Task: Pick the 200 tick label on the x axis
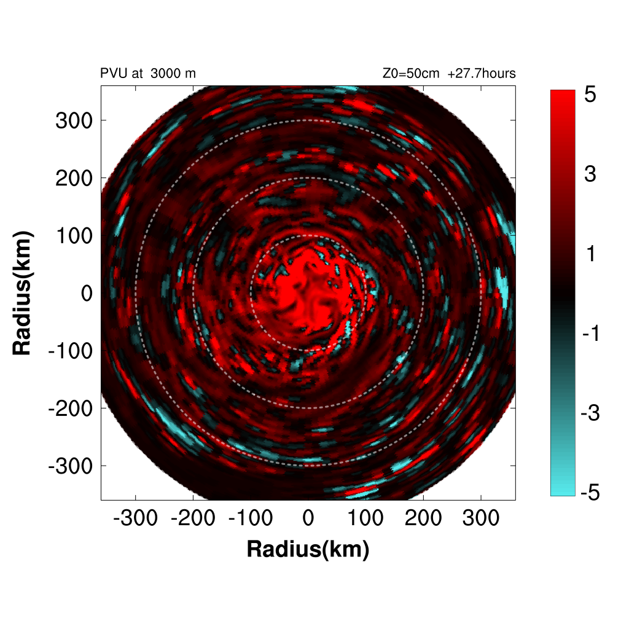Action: (423, 518)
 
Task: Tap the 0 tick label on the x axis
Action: (308, 518)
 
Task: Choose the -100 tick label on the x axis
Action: (250, 518)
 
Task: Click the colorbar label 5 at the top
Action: (590, 96)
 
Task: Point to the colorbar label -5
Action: (590, 493)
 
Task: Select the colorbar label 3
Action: (590, 175)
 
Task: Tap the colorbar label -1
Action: (590, 334)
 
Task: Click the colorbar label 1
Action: (590, 254)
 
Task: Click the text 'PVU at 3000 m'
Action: (148, 74)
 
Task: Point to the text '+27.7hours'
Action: (482, 74)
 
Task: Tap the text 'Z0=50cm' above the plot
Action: (410, 74)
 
